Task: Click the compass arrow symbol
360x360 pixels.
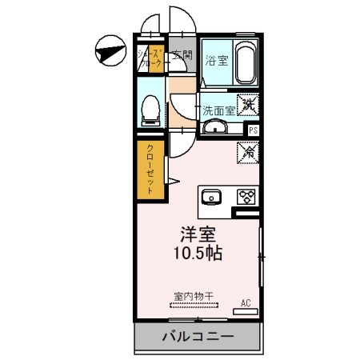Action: (x=109, y=52)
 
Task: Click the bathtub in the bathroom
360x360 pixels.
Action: (x=244, y=62)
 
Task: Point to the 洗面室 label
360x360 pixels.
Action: (x=217, y=110)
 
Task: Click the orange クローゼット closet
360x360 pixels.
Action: (x=150, y=170)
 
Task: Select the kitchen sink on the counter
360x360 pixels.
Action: (x=214, y=197)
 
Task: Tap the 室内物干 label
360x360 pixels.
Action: (x=194, y=296)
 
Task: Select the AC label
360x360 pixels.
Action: (x=246, y=302)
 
